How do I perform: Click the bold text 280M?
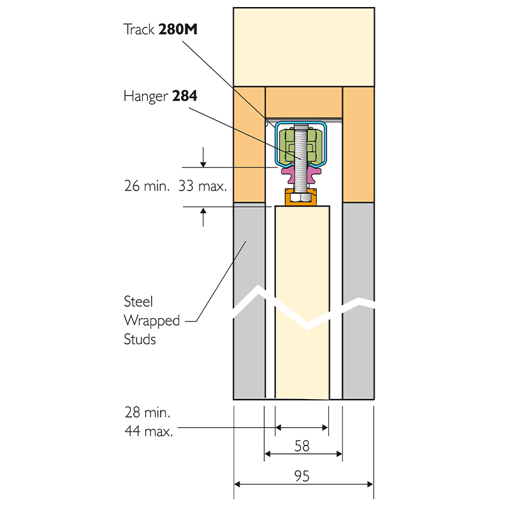178,29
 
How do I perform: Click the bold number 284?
185,96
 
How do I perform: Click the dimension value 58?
302,446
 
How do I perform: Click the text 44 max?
149,432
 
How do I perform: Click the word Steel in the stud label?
138,302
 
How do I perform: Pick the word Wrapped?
152,320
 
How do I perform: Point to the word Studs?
140,339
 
